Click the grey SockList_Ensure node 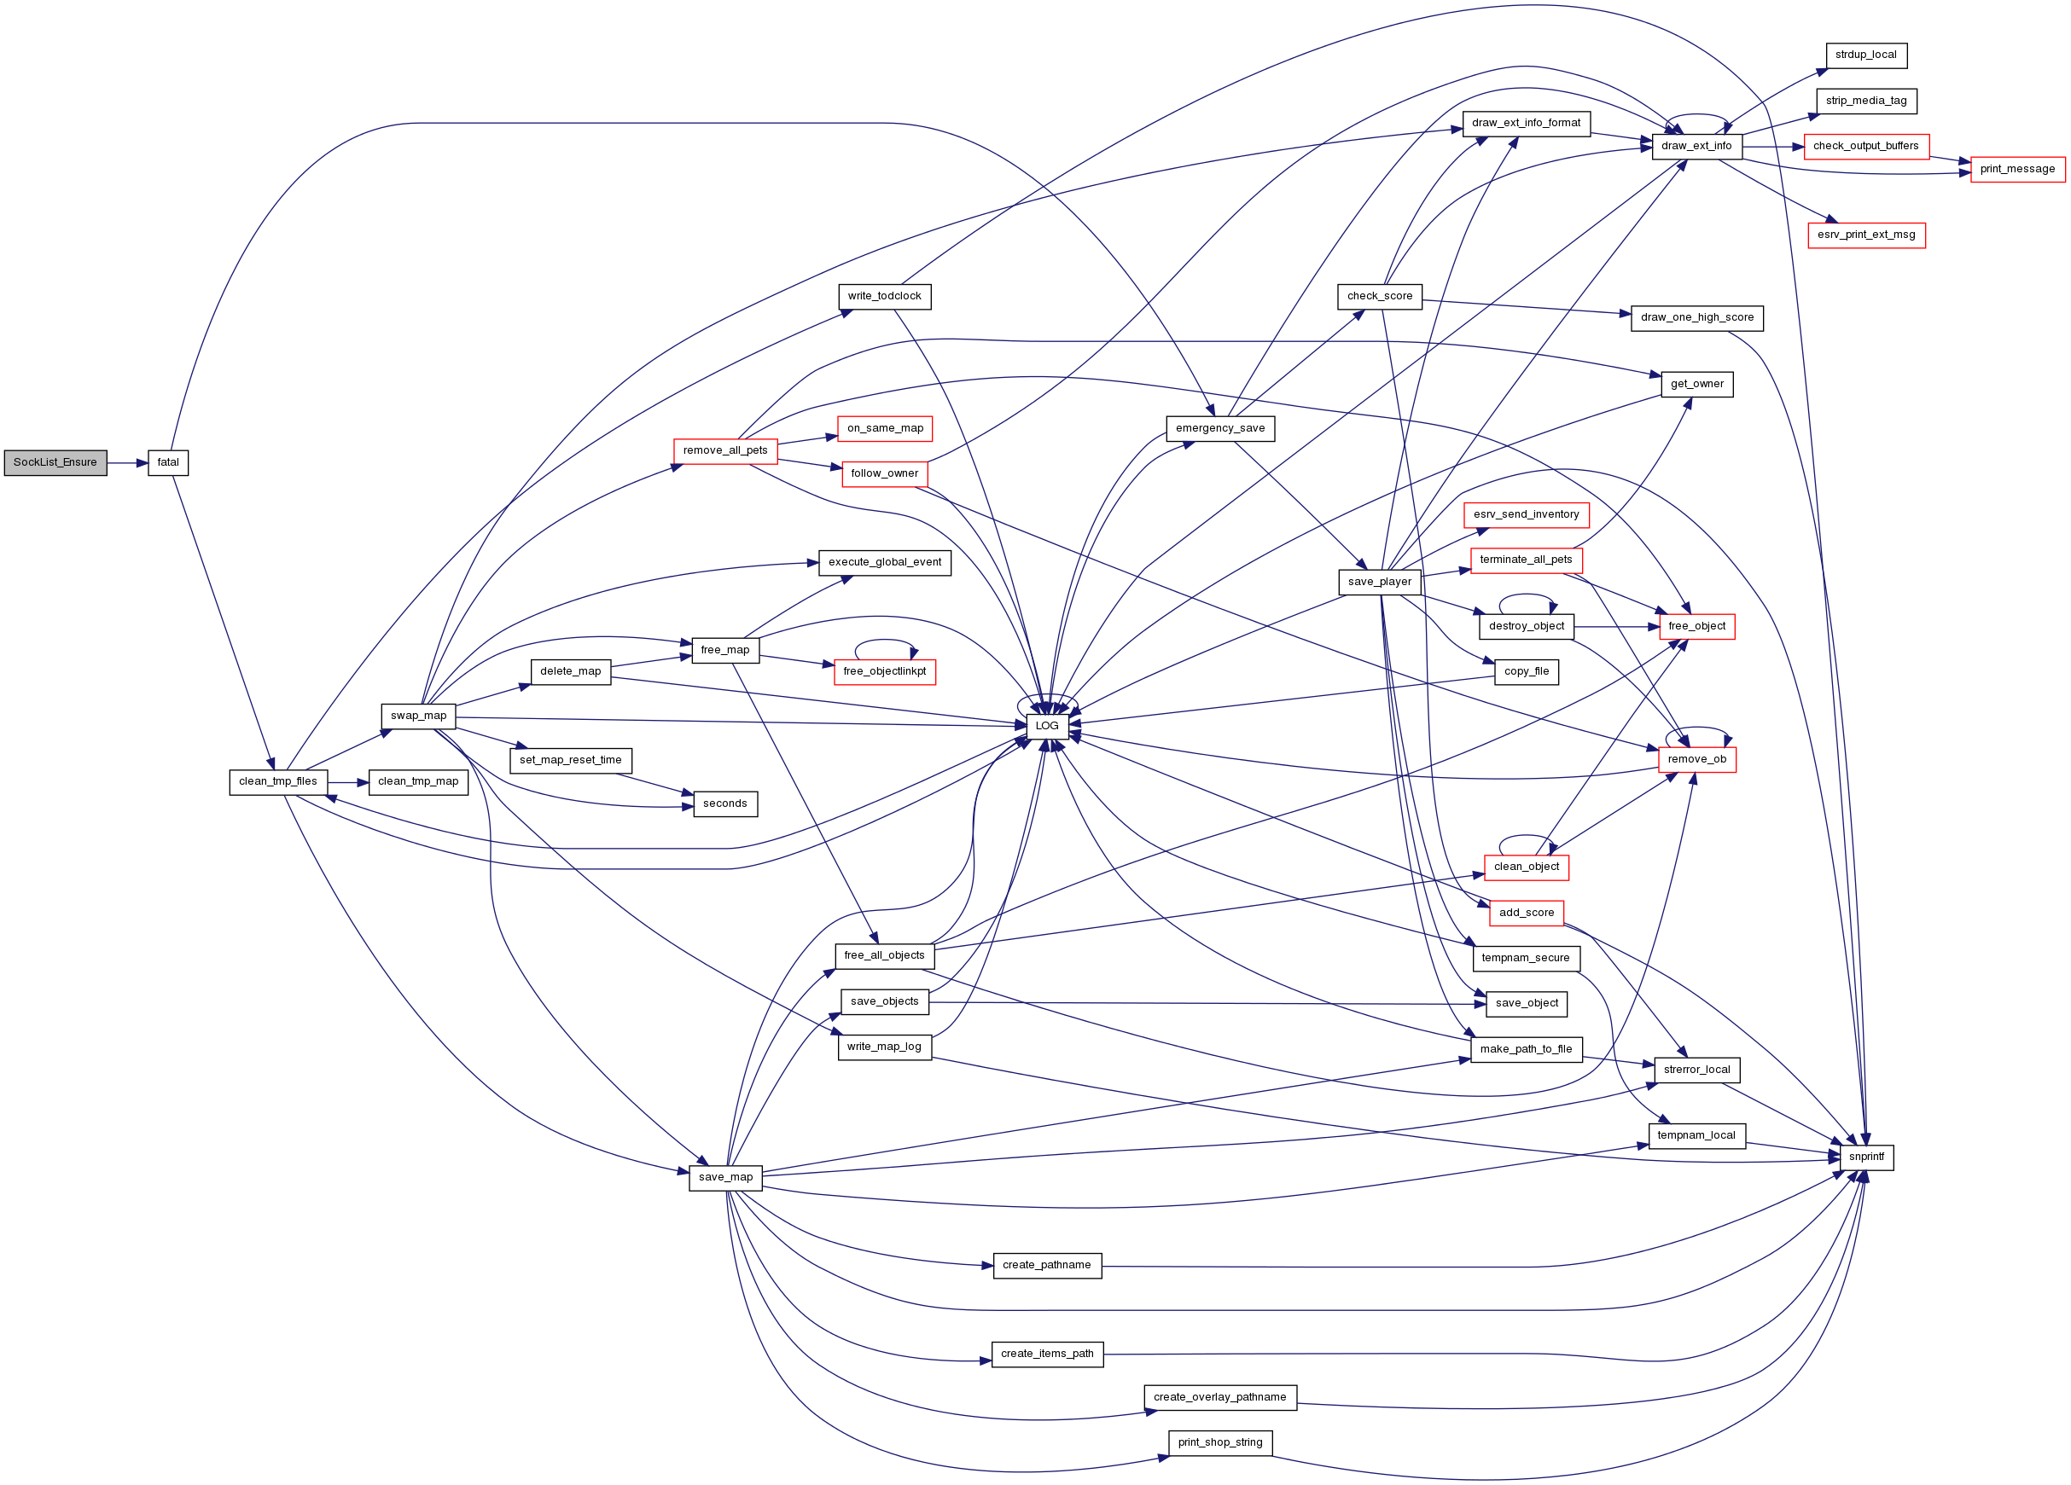55,463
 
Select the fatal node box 168,463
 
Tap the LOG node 1046,727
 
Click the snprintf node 1865,1157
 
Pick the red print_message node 2017,170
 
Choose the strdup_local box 1865,55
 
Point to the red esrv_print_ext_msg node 1865,235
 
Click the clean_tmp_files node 277,782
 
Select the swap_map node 418,716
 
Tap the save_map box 725,1177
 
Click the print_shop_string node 1220,1443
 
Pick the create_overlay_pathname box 1220,1397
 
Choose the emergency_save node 1220,429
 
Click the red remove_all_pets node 725,451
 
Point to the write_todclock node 884,297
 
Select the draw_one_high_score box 1696,318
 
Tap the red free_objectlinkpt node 884,672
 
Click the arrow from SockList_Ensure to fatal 127,463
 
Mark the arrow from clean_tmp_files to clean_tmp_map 348,782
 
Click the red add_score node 1526,913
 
